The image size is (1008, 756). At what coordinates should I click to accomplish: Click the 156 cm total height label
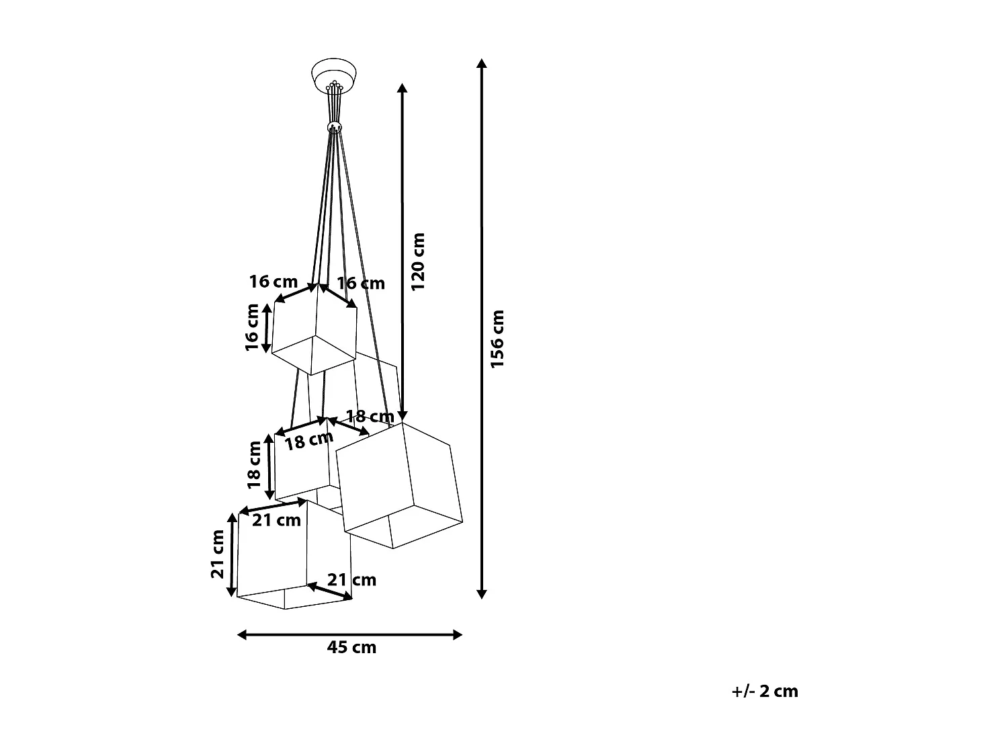[x=497, y=339]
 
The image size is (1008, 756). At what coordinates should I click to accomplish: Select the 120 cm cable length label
[x=418, y=261]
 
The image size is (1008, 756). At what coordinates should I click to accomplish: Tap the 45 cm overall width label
[x=351, y=648]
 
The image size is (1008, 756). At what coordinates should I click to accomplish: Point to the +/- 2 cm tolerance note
[x=765, y=691]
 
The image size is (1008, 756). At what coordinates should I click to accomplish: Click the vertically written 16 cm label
[x=252, y=327]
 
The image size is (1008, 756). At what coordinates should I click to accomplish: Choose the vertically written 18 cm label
[x=254, y=464]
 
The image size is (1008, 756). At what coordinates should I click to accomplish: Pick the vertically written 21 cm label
[x=218, y=554]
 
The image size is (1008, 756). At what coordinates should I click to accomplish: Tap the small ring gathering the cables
[x=334, y=127]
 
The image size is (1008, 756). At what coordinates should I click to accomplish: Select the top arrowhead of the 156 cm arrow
[x=481, y=64]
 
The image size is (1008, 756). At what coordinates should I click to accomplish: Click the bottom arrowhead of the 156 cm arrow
[x=481, y=593]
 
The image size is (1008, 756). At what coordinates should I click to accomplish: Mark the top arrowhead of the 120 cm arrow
[x=402, y=89]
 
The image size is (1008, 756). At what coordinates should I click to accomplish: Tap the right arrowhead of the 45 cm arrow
[x=458, y=634]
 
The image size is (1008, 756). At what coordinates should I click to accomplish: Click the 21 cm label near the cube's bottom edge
[x=351, y=580]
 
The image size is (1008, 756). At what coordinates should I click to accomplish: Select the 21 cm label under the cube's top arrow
[x=277, y=520]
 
